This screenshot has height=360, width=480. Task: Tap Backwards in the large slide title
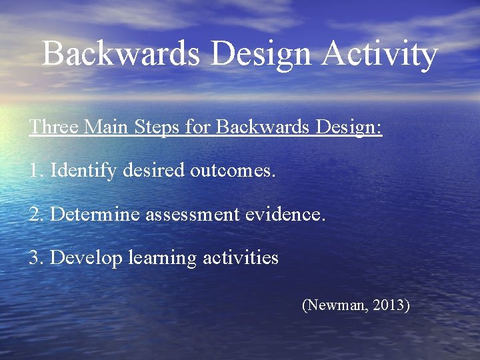[x=120, y=53]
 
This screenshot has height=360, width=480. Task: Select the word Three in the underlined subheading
[x=52, y=127]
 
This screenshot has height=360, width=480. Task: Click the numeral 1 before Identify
[x=35, y=171]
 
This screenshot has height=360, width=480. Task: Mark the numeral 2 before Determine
[x=35, y=214]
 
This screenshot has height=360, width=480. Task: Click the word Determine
[x=95, y=214]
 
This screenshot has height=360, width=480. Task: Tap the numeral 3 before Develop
[x=35, y=257]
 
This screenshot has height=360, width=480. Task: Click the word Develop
[x=86, y=258]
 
